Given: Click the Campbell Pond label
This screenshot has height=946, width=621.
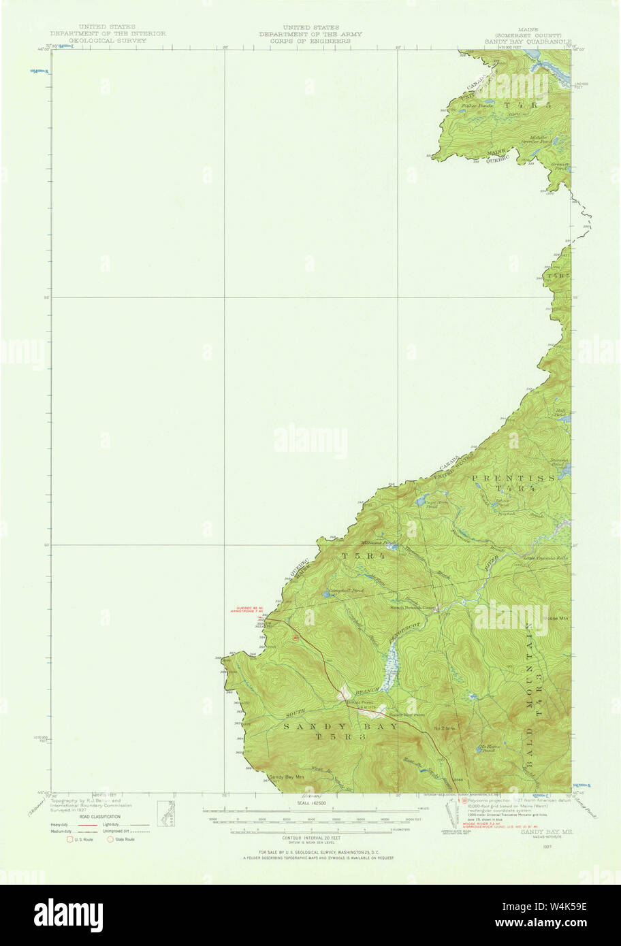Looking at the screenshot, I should pyautogui.click(x=345, y=590).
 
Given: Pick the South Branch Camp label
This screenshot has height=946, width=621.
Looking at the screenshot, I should pyautogui.click(x=412, y=607).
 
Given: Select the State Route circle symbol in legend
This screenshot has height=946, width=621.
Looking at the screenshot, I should pyautogui.click(x=110, y=839).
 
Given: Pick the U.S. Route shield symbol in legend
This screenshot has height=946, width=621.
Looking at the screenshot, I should pyautogui.click(x=69, y=839).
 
